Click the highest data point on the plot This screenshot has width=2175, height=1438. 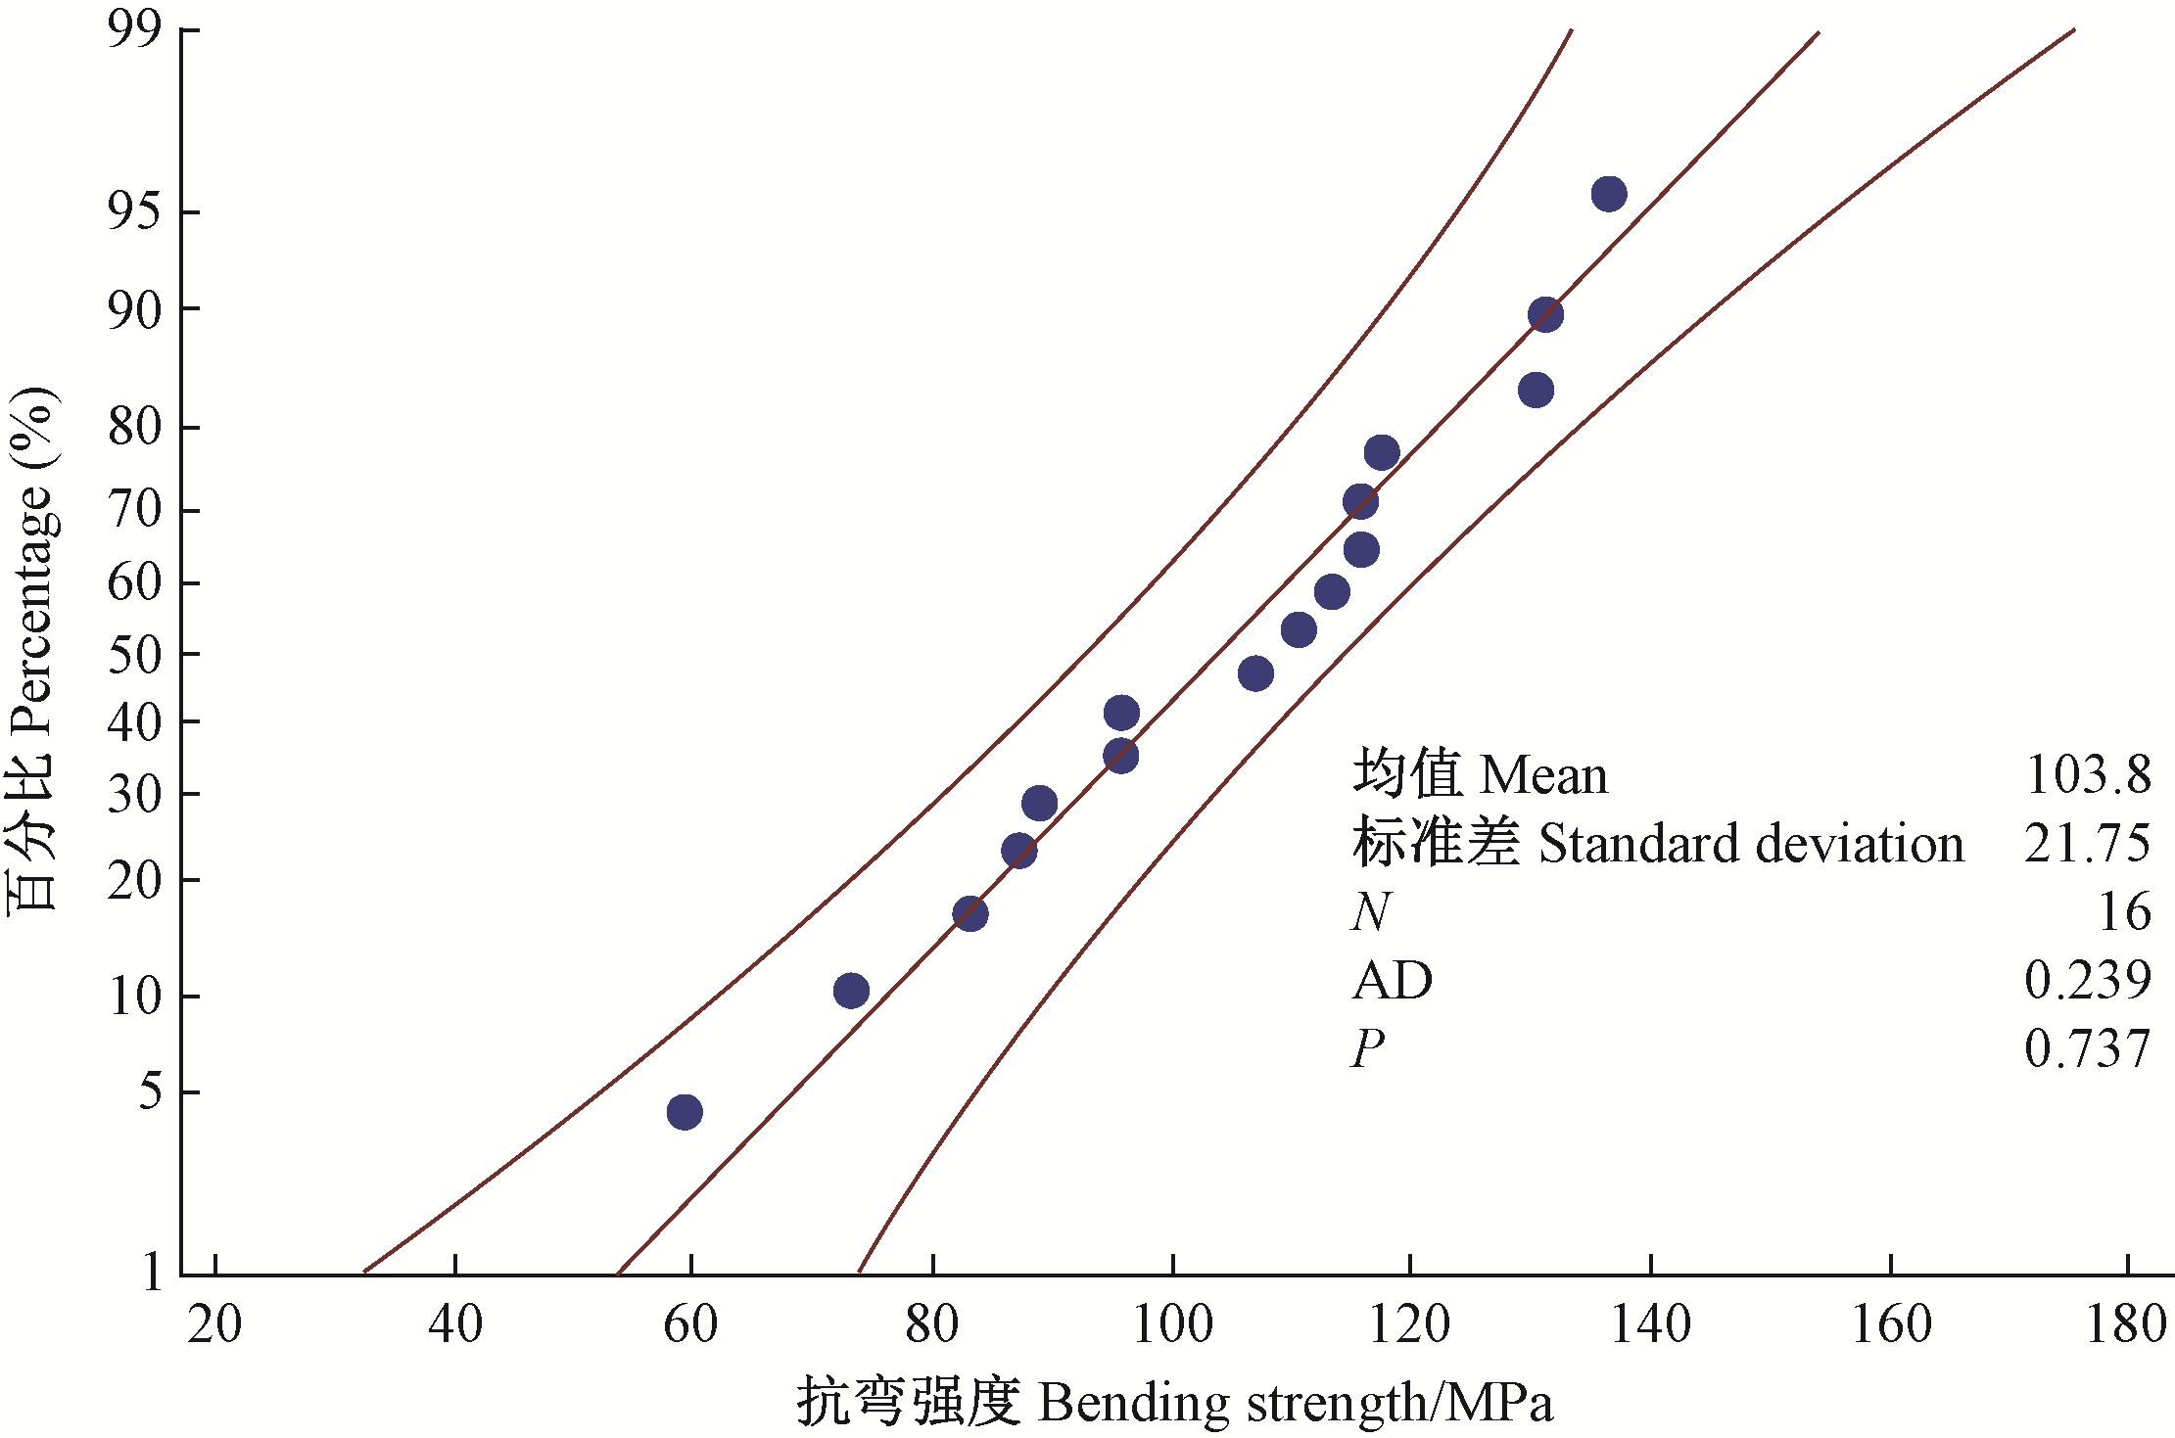coord(1608,194)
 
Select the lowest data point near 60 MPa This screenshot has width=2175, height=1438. coord(684,1112)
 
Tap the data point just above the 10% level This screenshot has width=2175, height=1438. coord(851,991)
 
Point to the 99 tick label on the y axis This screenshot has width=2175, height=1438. coord(134,30)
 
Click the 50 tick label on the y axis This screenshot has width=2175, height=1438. coord(134,655)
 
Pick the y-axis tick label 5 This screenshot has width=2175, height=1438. coord(150,1091)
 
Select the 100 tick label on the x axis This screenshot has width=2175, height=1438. coord(1172,1325)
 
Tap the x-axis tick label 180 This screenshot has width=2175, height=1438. coord(2126,1325)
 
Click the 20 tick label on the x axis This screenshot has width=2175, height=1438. coord(214,1325)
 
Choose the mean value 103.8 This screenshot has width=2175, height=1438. coord(2087,775)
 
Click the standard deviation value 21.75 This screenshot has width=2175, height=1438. coord(2087,844)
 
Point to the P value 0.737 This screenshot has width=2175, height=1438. coord(2087,1049)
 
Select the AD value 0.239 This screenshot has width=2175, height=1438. coord(2087,981)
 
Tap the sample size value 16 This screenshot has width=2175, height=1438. coord(2123,912)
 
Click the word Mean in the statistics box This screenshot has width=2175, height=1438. coord(1543,775)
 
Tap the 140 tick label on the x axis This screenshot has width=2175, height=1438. coord(1650,1325)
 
